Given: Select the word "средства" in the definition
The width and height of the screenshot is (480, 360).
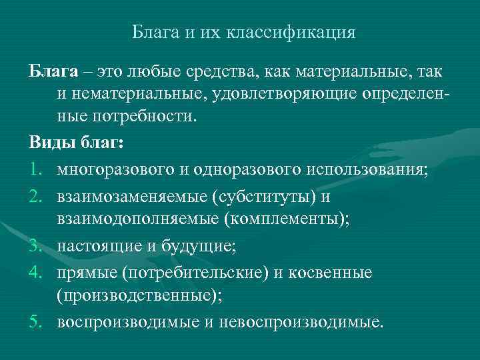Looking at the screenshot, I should (x=220, y=71).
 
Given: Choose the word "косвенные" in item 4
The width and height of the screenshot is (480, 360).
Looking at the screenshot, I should (x=335, y=273).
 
